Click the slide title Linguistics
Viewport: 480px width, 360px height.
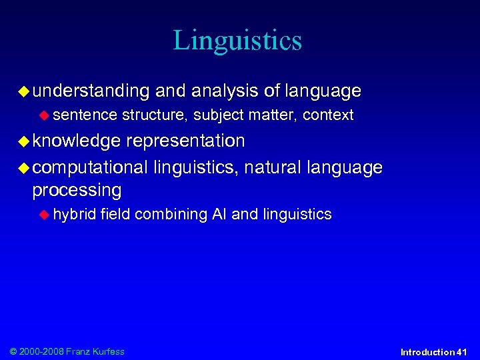pos(237,40)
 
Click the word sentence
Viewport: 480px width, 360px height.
pos(85,115)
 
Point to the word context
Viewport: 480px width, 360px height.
pos(328,115)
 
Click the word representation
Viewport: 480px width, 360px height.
pos(185,141)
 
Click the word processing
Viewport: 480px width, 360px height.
pos(77,191)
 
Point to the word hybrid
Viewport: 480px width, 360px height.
pos(75,215)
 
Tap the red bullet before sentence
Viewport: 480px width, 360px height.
pos(45,115)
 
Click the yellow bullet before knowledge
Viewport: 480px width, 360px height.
pos(25,141)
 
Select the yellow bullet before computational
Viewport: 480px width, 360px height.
pos(25,167)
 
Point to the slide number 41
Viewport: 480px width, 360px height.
pos(462,352)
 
